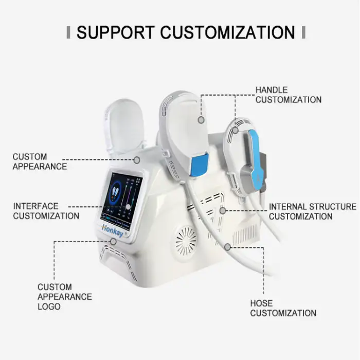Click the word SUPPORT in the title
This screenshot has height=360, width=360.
pyautogui.click(x=116, y=32)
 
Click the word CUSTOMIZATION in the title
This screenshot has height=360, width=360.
pyautogui.click(x=227, y=32)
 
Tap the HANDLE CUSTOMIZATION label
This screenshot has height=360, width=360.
pyautogui.click(x=289, y=95)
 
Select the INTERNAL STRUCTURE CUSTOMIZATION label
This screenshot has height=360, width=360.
pyautogui.click(x=313, y=211)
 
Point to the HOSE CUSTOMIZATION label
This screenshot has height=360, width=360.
pyautogui.click(x=283, y=308)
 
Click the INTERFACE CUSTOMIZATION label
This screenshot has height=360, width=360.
pyautogui.click(x=46, y=211)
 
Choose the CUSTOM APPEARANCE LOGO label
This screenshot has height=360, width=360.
pyautogui.click(x=64, y=297)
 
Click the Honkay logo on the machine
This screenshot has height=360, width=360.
pyautogui.click(x=113, y=230)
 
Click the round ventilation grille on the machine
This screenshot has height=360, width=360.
pyautogui.click(x=186, y=241)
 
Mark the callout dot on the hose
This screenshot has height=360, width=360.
pyautogui.click(x=227, y=247)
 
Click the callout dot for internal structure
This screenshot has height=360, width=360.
pyautogui.click(x=223, y=210)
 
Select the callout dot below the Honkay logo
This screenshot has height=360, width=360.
pyautogui.click(x=114, y=242)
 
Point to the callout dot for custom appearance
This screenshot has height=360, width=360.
pyautogui.click(x=137, y=160)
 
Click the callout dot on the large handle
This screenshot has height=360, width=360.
pyautogui.click(x=201, y=120)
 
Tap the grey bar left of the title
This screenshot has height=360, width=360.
pyautogui.click(x=68, y=32)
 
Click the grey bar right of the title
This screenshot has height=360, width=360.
pyautogui.click(x=303, y=32)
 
